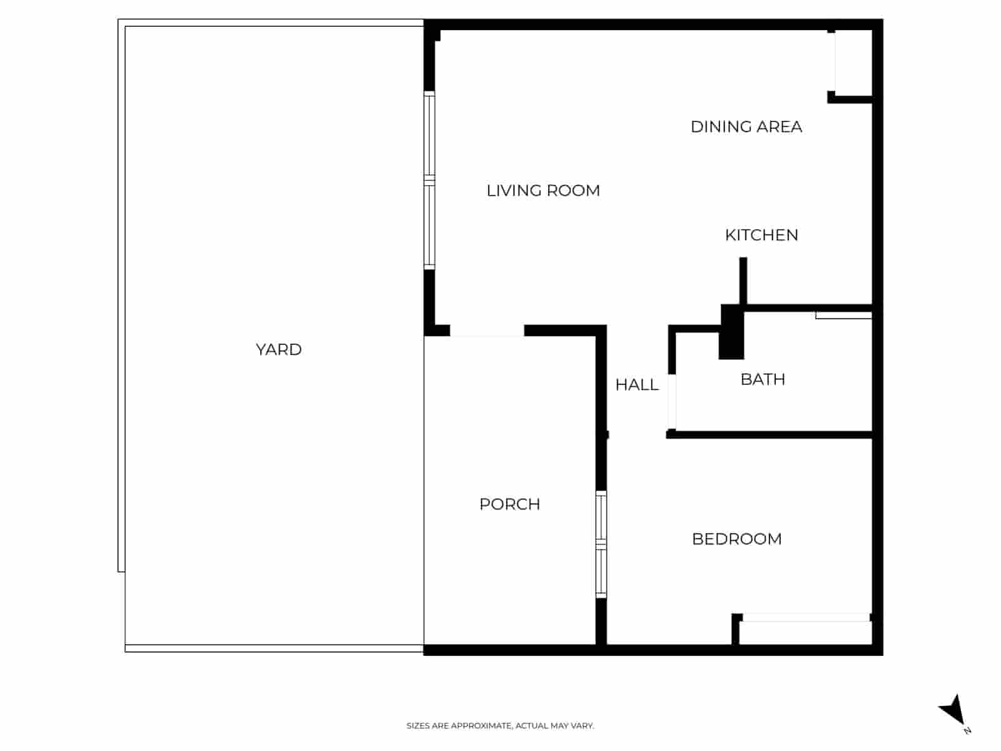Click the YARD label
[278, 349]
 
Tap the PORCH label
[509, 504]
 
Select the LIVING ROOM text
[543, 190]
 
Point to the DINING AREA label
[746, 126]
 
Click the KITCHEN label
[761, 235]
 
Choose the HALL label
[637, 385]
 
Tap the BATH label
[763, 379]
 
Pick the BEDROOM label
[736, 539]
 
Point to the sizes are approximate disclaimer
[500, 726]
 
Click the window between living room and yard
[429, 180]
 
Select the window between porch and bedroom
[601, 544]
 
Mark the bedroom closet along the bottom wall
[806, 632]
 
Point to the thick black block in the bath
[731, 332]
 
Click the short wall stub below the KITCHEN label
[743, 280]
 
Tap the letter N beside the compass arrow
[968, 730]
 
